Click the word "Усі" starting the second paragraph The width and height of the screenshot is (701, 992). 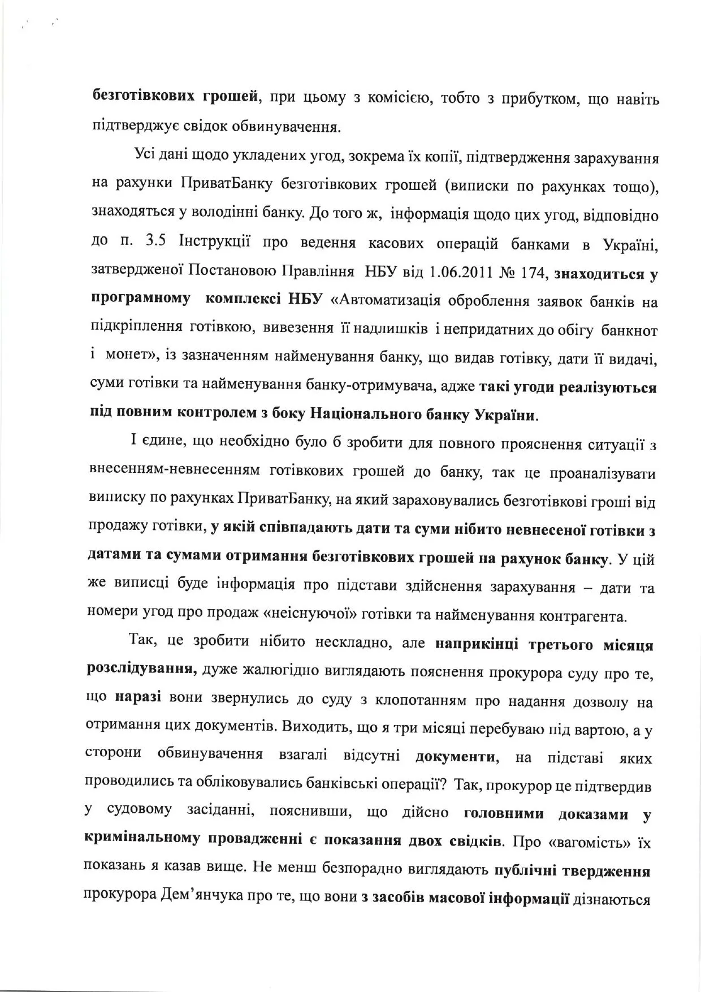click(145, 156)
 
